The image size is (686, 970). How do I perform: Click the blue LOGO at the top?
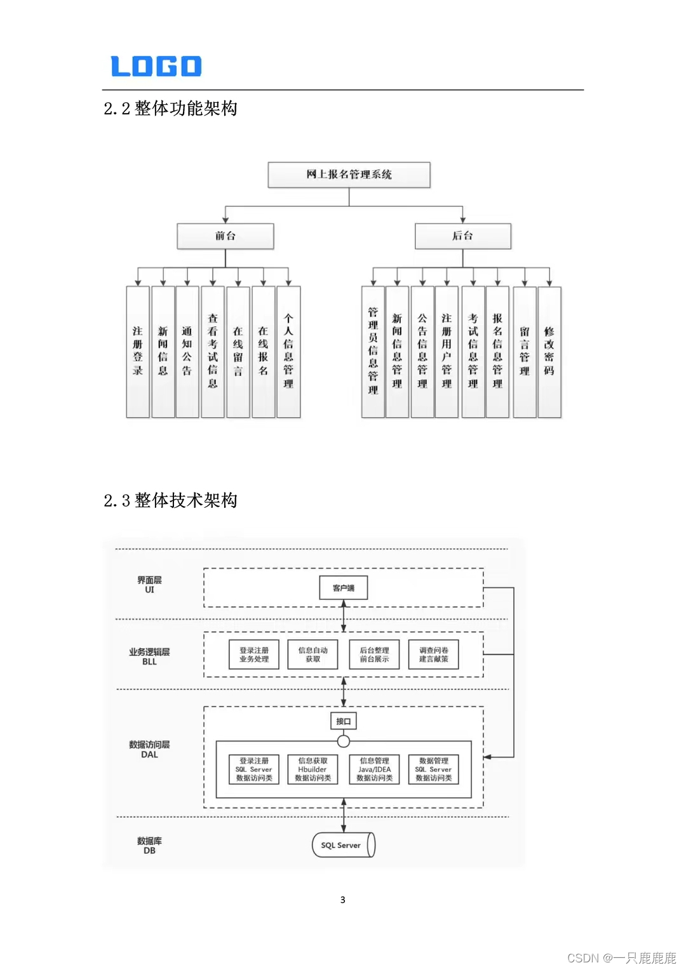point(156,66)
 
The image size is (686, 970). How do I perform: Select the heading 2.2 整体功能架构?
point(170,109)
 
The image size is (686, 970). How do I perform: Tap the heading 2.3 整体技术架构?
point(170,500)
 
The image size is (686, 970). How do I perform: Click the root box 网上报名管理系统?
point(349,175)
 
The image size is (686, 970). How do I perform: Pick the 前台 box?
point(225,236)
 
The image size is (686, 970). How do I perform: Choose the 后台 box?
point(462,236)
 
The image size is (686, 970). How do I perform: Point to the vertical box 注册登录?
point(138,351)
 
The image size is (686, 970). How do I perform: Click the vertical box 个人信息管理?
point(288,351)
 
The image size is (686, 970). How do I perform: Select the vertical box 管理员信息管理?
point(373,351)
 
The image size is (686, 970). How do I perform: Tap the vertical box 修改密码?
point(549,351)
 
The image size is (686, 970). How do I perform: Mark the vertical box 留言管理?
point(525,351)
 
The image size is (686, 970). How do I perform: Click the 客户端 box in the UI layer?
point(344,588)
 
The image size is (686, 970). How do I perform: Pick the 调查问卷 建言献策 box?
point(434,654)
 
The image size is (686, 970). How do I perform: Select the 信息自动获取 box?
point(313,654)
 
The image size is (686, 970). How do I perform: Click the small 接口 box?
point(344,721)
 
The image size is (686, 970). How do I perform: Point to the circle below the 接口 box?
point(344,741)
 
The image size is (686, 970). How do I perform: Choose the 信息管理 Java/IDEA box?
point(375,769)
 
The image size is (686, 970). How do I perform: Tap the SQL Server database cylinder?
point(343,845)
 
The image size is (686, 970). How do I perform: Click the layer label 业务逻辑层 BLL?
point(149,656)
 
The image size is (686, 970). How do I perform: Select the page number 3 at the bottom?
point(343,900)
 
